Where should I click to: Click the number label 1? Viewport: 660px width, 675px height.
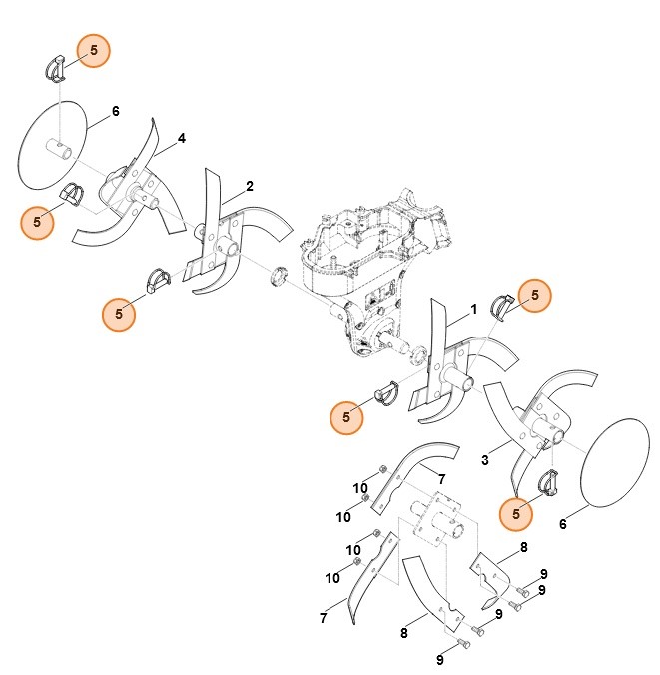pos(473,309)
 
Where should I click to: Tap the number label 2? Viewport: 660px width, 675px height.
pos(249,186)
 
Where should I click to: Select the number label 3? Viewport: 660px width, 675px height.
pos(484,460)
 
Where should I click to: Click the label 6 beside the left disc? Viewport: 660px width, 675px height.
pos(115,111)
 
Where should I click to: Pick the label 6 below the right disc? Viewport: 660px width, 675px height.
pos(562,523)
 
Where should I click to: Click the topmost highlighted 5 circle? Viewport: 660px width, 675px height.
pos(94,50)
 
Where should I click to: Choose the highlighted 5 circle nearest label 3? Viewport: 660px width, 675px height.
pos(516,513)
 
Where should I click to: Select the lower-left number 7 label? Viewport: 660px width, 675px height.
pos(323,619)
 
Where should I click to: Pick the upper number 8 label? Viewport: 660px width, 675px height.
pos(523,547)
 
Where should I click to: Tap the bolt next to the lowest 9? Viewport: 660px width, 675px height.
pos(463,644)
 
